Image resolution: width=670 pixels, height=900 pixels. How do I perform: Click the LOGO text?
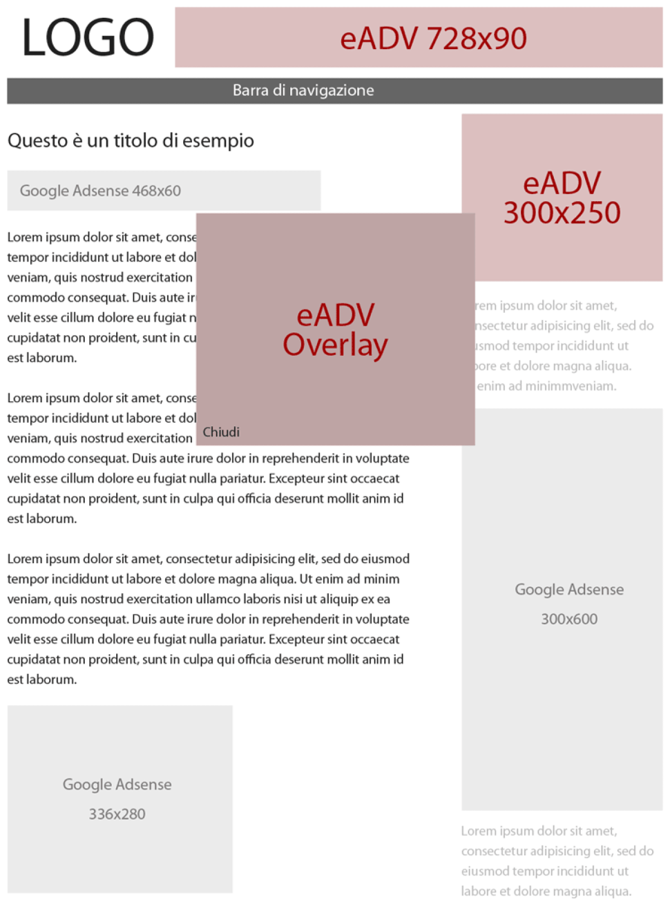88,37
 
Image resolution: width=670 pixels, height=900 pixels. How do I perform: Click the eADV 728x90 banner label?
433,39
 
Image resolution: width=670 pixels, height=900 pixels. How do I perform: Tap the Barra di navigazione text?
303,90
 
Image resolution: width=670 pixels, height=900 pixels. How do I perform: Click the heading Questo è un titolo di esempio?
131,140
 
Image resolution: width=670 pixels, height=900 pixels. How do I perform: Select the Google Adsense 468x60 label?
100,191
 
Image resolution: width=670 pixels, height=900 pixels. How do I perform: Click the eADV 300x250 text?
562,198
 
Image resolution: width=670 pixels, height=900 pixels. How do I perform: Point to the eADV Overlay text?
335,330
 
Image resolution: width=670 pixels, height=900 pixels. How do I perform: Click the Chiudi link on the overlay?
221,432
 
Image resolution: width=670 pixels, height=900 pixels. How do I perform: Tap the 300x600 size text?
569,619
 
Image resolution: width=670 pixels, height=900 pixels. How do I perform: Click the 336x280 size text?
117,814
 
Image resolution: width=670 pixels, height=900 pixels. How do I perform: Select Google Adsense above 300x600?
569,589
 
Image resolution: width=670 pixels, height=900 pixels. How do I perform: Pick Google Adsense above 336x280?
117,784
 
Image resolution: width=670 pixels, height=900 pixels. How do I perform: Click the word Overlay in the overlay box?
335,345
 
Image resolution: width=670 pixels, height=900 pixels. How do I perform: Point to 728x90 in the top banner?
476,39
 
